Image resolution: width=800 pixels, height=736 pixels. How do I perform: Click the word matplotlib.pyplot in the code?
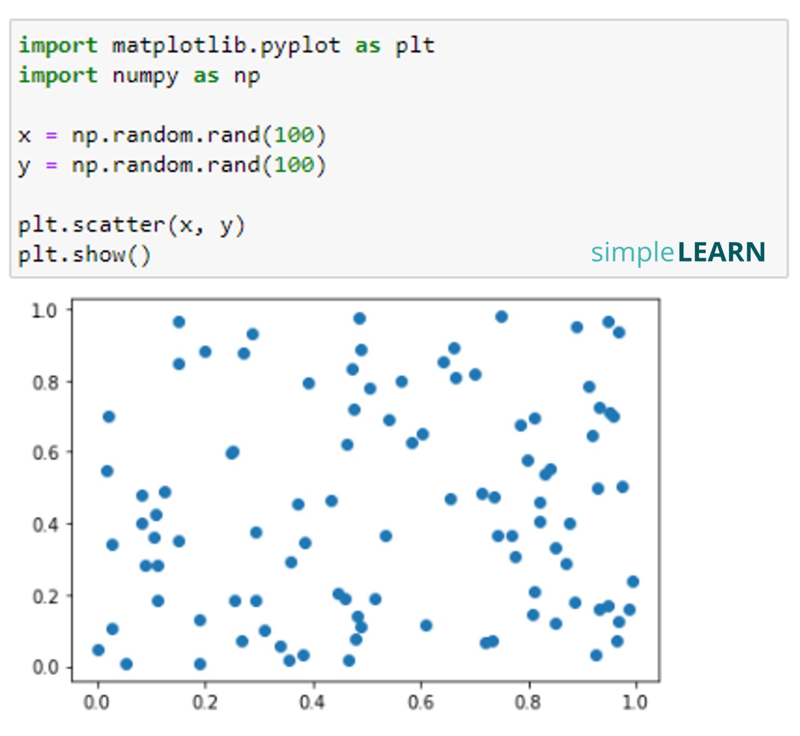226,46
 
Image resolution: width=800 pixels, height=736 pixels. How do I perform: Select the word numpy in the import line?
145,77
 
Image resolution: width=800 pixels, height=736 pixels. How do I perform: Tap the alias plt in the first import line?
415,46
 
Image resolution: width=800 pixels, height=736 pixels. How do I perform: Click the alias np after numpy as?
246,77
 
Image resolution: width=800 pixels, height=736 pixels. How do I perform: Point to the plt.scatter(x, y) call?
131,226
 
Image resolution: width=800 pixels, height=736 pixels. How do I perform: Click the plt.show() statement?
84,255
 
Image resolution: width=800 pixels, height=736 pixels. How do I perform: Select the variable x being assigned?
24,136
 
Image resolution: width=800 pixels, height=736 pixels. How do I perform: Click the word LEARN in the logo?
721,253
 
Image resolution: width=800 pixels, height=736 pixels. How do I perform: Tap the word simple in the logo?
632,253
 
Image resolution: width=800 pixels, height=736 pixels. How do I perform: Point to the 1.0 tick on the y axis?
44,311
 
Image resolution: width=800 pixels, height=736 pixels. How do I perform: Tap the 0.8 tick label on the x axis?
528,703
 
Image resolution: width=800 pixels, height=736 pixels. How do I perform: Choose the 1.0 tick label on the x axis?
635,703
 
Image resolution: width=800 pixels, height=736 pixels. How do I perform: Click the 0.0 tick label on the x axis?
97,703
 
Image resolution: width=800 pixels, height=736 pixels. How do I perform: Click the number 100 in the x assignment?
294,136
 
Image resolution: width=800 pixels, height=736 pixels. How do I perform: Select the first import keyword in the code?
58,46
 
